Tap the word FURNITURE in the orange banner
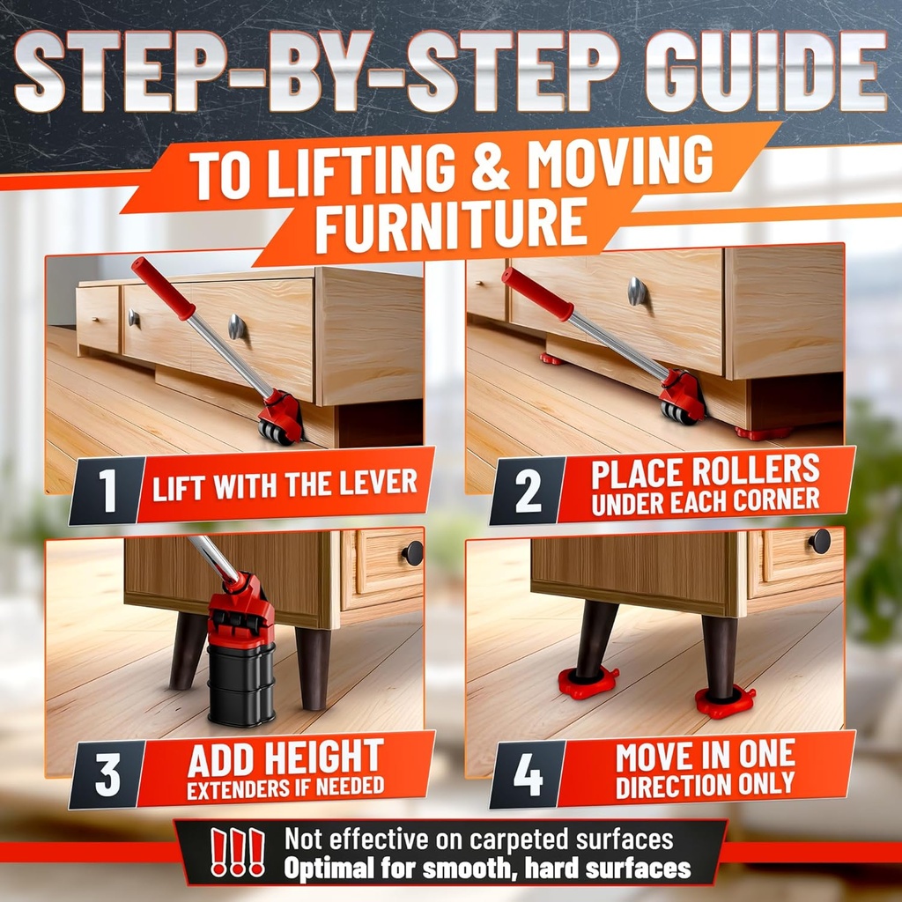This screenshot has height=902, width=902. tap(451, 225)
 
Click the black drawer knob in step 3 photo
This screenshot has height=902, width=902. tap(412, 552)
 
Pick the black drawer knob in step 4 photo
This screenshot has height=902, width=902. tap(819, 541)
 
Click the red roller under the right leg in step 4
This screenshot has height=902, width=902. tap(724, 702)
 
